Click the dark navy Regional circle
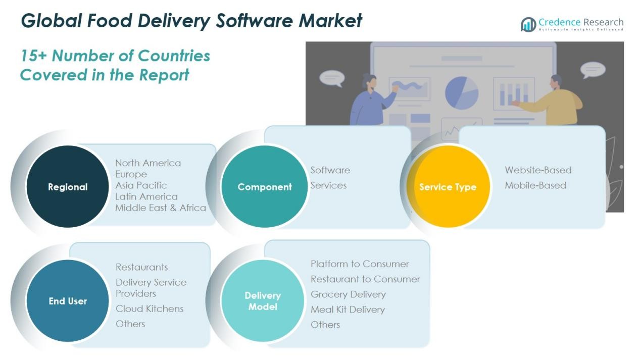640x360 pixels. [67, 187]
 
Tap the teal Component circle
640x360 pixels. [264, 187]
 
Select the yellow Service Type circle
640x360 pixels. [448, 187]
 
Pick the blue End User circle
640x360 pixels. [67, 301]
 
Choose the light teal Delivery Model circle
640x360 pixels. [263, 301]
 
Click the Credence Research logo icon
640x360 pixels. [528, 24]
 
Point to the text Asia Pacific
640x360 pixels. [141, 185]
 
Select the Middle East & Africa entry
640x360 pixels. [161, 208]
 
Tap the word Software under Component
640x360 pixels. [330, 170]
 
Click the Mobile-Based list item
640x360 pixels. [535, 185]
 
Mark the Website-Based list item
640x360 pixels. [538, 170]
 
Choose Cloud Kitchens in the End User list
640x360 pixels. [150, 308]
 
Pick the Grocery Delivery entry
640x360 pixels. [348, 294]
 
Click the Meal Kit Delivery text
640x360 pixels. [348, 310]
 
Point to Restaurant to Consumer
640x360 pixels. [365, 279]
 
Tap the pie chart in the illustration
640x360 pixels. [462, 92]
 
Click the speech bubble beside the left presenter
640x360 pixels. [332, 77]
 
